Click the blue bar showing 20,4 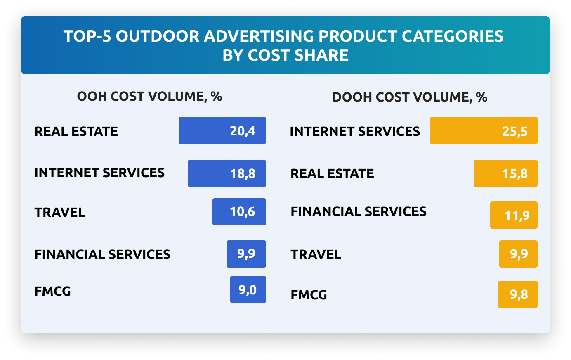coord(222,130)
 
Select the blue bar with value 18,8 coord(227,173)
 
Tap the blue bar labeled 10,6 coord(239,212)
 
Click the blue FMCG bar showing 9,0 coord(248,289)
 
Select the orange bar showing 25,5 coord(483,130)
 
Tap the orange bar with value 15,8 coord(505,173)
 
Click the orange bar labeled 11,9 coord(513,215)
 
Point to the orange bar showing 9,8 coord(517,294)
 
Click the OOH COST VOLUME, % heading coord(149,97)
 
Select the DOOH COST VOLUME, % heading coord(409,97)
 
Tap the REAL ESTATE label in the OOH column coord(76,132)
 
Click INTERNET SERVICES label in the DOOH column coord(354,132)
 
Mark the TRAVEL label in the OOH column coord(60,213)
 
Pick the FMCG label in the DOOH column coord(309,295)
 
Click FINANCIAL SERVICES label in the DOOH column coord(358,212)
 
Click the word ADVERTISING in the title coord(259,36)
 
